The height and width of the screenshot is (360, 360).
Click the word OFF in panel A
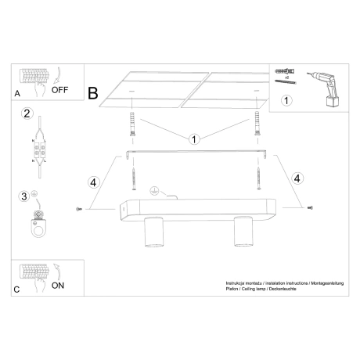click(60, 90)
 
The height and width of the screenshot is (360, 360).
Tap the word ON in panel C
click(58, 286)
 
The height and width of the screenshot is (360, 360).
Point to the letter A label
click(17, 94)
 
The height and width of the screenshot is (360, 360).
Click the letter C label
click(17, 290)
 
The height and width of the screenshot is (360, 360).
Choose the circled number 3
click(23, 196)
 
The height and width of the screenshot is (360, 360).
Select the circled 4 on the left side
click(93, 183)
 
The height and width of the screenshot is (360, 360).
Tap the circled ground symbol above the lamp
click(154, 189)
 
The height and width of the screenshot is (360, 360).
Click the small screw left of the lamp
click(79, 209)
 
